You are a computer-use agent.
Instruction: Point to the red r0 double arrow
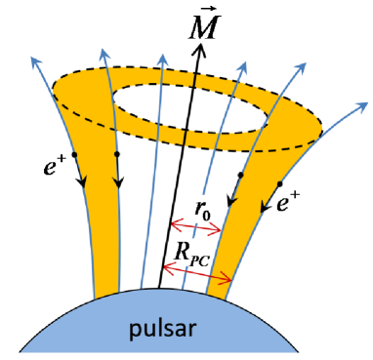(199, 229)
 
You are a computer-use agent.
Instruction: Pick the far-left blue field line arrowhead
(34, 58)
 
